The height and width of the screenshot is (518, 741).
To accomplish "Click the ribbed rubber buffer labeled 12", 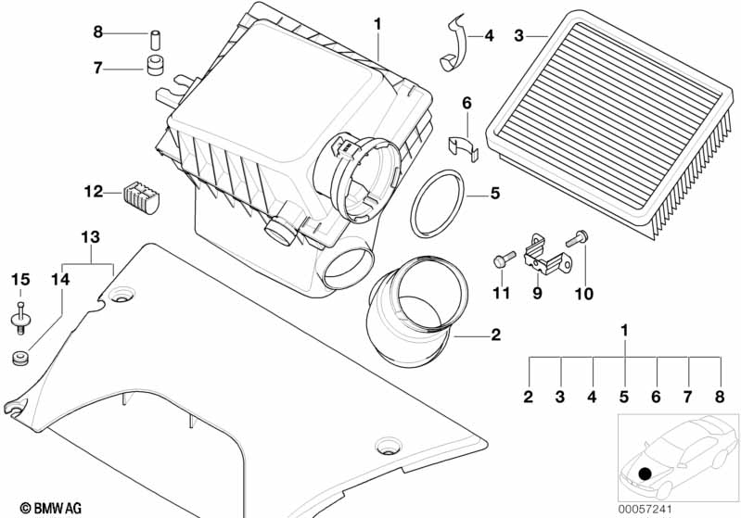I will pyautogui.click(x=142, y=195).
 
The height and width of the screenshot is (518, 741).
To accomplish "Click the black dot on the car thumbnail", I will pyautogui.click(x=645, y=474).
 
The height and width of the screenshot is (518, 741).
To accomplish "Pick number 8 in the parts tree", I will pyautogui.click(x=719, y=398).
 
